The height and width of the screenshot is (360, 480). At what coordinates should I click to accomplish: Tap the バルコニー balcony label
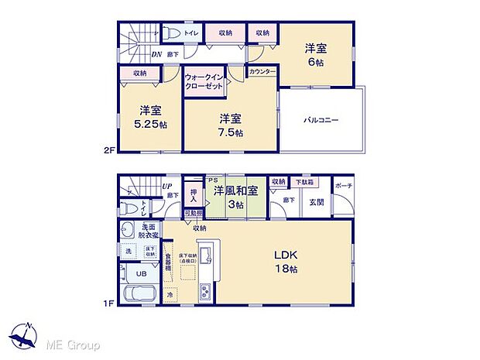pyautogui.click(x=320, y=121)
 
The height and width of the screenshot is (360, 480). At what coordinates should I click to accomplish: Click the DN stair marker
pyautogui.click(x=156, y=54)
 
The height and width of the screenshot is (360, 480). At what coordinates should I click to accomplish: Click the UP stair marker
pyautogui.click(x=166, y=187)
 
